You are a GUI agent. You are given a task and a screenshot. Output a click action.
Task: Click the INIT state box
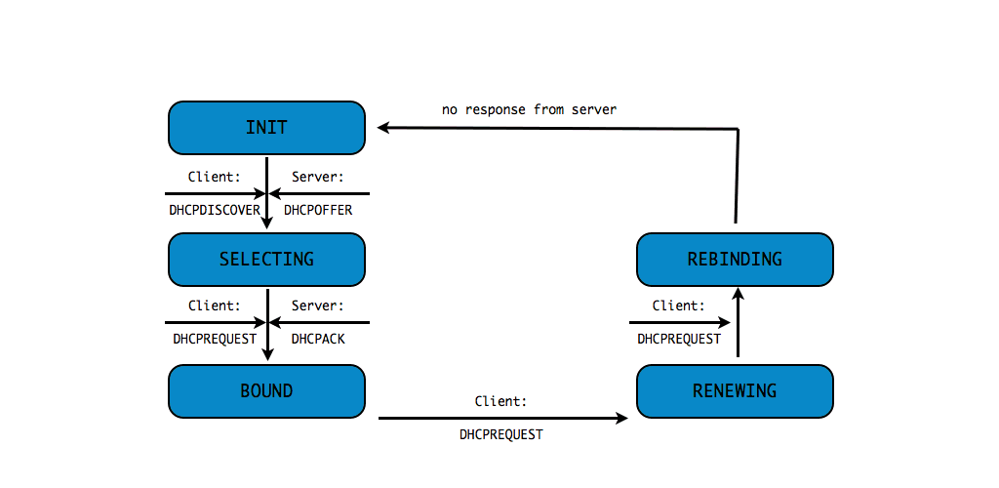[266, 128]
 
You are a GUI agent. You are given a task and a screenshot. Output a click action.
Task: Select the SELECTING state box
[266, 259]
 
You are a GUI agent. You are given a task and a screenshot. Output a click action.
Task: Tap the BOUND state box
[266, 390]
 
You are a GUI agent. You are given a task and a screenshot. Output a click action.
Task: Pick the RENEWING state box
[735, 390]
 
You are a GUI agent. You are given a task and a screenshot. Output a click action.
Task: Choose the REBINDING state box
[735, 259]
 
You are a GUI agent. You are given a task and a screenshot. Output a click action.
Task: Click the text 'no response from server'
[529, 110]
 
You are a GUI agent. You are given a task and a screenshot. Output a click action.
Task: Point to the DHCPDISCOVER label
[213, 210]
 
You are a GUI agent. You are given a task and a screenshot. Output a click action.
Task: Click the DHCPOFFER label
[317, 210]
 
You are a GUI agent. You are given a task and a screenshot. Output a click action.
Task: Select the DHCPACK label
[318, 339]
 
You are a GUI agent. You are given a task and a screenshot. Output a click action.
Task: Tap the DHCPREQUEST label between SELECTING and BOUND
[213, 339]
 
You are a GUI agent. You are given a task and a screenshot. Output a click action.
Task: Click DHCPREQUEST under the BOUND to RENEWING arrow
[500, 434]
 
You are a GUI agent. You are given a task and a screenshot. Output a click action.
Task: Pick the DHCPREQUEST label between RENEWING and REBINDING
[679, 339]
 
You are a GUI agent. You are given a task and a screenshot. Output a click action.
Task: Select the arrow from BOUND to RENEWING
[502, 418]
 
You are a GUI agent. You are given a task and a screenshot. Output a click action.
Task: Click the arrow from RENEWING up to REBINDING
[738, 327]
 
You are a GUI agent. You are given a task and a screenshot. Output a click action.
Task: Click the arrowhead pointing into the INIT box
[384, 127]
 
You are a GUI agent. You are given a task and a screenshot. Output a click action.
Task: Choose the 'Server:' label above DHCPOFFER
[317, 177]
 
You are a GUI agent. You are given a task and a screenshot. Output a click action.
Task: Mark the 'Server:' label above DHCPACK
[317, 305]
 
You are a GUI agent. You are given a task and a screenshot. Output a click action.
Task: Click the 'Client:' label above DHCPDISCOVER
[214, 177]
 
